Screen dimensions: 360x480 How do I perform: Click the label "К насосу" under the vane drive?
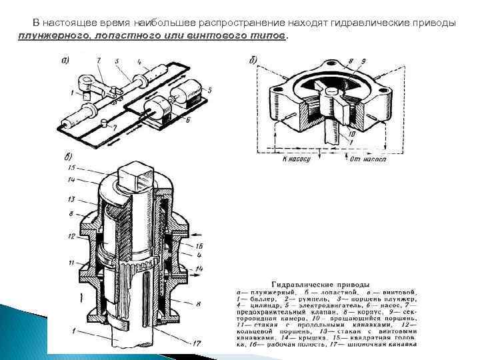click(297, 160)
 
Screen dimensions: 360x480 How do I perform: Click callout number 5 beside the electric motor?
click(209, 89)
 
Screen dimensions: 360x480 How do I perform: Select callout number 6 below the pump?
click(189, 120)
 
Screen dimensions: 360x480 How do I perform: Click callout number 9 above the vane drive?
click(362, 61)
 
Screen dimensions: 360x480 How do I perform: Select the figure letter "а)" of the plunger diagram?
click(67, 61)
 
